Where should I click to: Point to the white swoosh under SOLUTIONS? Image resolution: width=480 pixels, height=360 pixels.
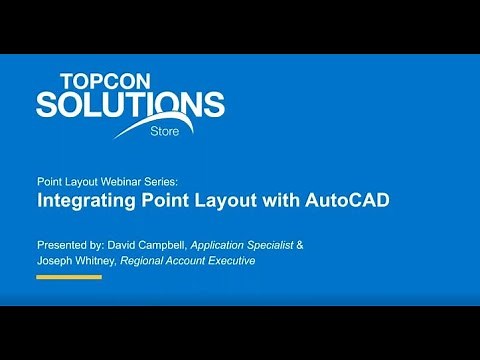tap(150, 128)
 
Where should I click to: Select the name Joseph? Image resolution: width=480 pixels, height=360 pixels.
tap(56, 261)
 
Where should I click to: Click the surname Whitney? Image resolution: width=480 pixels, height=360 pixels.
tap(102, 261)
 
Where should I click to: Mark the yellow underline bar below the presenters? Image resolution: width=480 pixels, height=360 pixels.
tap(69, 277)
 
